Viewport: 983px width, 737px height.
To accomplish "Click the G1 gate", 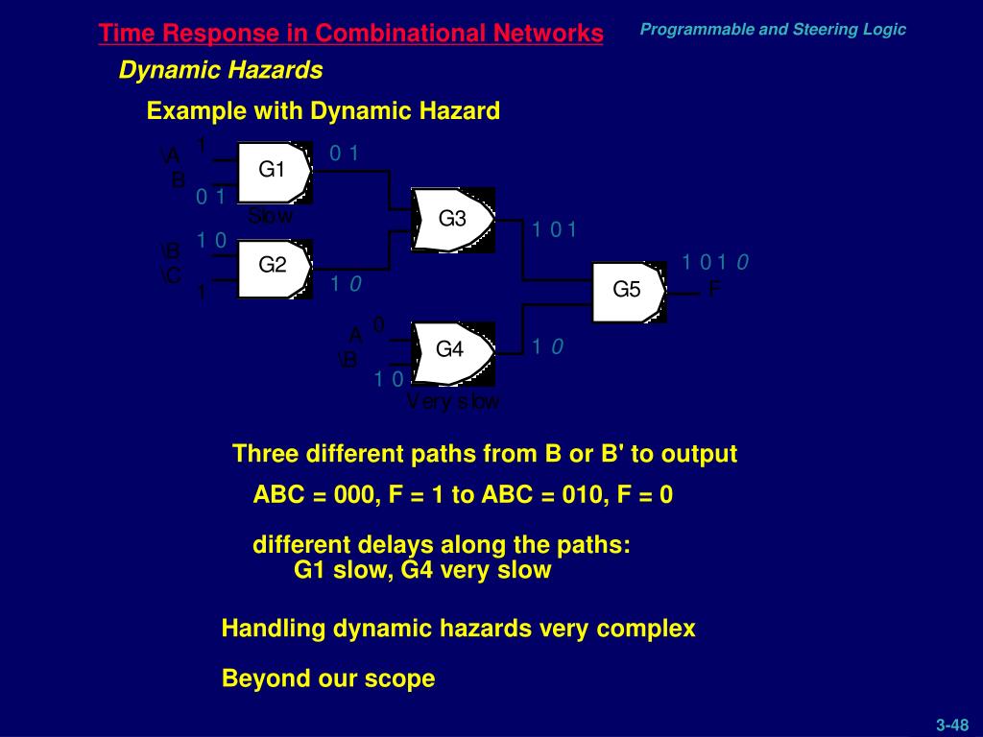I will tap(274, 171).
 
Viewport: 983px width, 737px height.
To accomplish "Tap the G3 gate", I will tap(452, 220).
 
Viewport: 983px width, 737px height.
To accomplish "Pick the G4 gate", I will tap(450, 350).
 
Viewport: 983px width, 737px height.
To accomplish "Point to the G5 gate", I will tap(627, 290).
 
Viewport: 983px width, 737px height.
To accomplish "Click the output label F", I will tap(713, 289).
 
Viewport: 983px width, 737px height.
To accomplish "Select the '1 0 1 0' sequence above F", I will tap(715, 262).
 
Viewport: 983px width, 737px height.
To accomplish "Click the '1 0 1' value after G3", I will tap(554, 229).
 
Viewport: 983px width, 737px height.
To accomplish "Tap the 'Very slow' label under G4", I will tap(452, 402).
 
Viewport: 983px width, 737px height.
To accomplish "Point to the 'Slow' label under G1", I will tap(270, 217).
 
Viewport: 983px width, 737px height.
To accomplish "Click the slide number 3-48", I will tap(952, 725).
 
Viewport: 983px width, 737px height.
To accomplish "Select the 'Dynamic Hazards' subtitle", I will tap(221, 70).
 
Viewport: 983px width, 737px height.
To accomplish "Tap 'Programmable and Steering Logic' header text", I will tap(773, 29).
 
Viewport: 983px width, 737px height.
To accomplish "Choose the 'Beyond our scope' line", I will tap(328, 678).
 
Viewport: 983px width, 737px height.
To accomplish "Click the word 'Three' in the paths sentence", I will tap(260, 454).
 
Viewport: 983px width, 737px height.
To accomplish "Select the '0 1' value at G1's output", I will tap(344, 153).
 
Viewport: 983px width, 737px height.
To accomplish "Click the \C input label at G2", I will tap(171, 276).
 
